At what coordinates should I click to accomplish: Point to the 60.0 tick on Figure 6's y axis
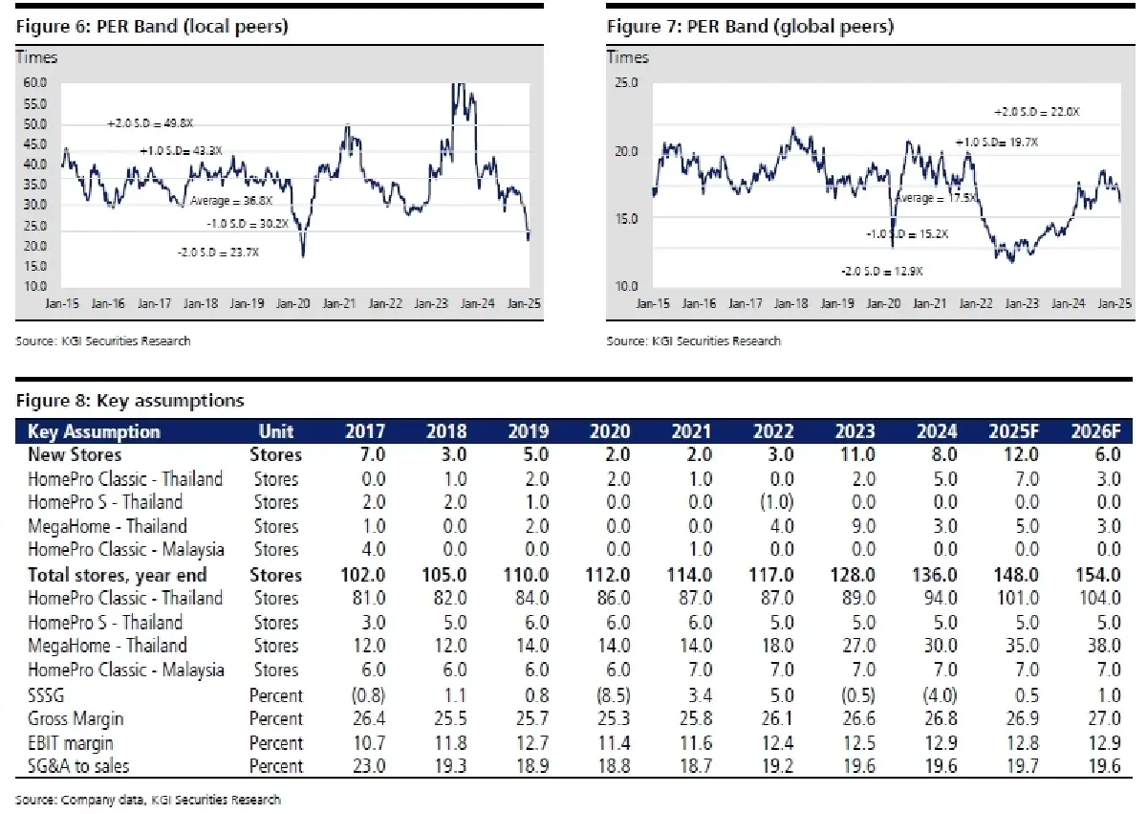pos(34,83)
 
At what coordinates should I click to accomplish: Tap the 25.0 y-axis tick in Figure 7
pos(626,83)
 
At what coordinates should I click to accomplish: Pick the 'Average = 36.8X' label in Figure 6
pos(232,202)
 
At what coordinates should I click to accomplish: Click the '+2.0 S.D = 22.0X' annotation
pos(1037,112)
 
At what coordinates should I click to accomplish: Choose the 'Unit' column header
pos(275,431)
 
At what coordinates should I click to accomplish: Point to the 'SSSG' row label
pos(49,694)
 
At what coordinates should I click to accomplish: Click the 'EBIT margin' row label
pos(77,742)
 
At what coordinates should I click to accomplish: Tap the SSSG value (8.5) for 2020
pos(609,694)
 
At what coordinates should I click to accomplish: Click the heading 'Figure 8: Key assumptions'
pos(129,400)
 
